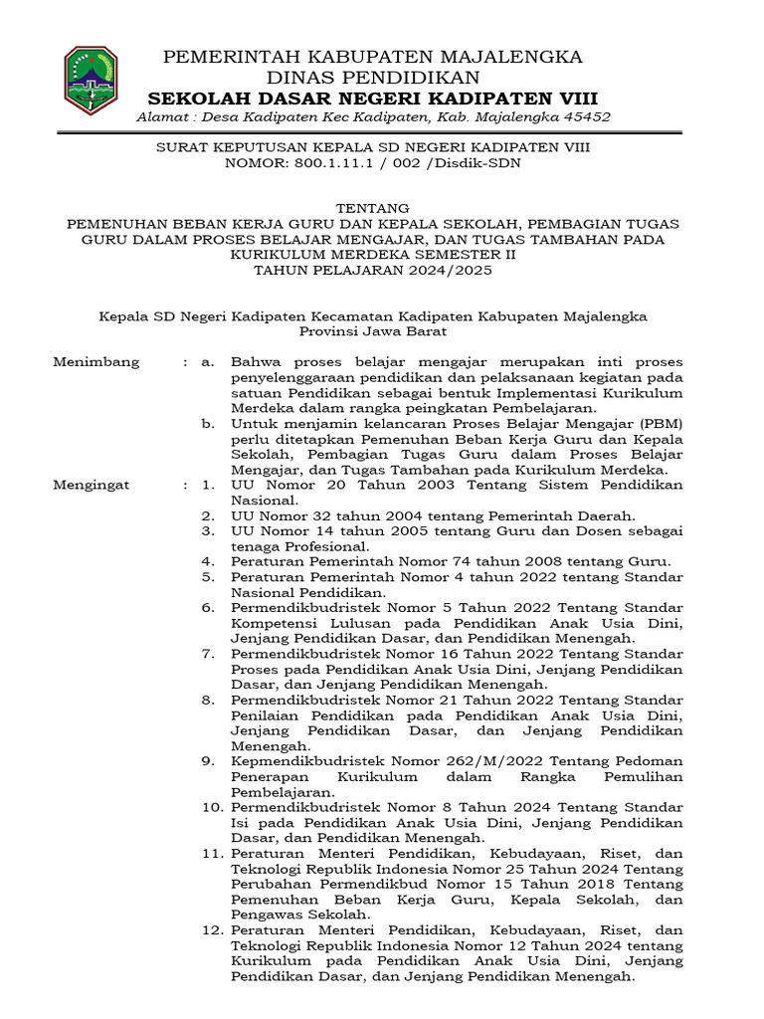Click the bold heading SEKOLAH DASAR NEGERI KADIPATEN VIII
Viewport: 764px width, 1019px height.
pyautogui.click(x=373, y=98)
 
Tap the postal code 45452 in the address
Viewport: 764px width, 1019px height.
pyautogui.click(x=588, y=117)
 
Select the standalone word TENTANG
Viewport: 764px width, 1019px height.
pyautogui.click(x=373, y=208)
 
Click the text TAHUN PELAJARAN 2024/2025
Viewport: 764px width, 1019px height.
pyautogui.click(x=373, y=269)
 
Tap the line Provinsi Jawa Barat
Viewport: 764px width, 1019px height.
pyautogui.click(x=373, y=330)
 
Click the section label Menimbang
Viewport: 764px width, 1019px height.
pyautogui.click(x=96, y=361)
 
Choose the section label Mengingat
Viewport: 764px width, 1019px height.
pyautogui.click(x=94, y=485)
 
